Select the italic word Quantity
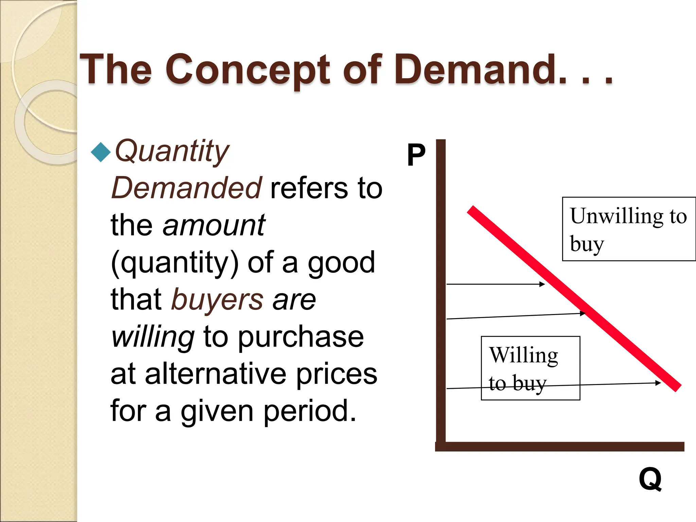coord(172,151)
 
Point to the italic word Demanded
coord(187,188)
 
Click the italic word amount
coord(214,225)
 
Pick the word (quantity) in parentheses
coord(175,263)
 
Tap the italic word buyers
coord(217,300)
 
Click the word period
coord(310,411)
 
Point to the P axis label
coord(416,155)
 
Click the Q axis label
coord(650,479)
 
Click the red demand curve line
coord(574,299)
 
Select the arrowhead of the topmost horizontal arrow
coord(542,284)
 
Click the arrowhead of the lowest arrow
coord(658,383)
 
